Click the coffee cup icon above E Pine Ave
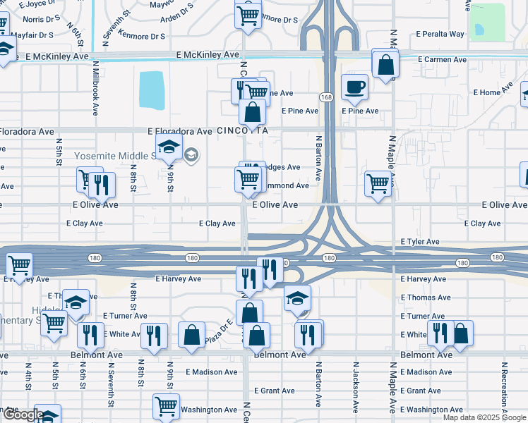(354, 87)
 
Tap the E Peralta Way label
(440, 34)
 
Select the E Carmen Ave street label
(442, 60)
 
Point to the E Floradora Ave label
(179, 131)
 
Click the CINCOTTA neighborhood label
(243, 130)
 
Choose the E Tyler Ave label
(421, 242)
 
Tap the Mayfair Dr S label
(32, 34)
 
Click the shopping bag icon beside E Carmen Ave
(385, 65)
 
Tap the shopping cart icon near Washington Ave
(165, 405)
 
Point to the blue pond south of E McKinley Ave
(152, 91)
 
